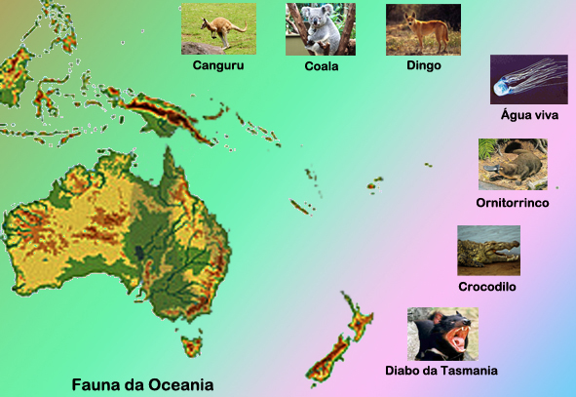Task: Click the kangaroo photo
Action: tap(218, 28)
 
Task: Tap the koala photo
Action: tap(321, 28)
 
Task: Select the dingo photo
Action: tap(423, 28)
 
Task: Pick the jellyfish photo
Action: tap(528, 79)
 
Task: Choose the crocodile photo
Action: tap(488, 251)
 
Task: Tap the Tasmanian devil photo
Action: tap(442, 334)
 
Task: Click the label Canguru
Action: tap(217, 65)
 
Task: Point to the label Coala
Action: tap(321, 66)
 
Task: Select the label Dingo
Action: tap(424, 65)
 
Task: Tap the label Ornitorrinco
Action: tap(513, 202)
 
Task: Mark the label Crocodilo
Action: tap(487, 287)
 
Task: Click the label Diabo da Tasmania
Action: tap(442, 371)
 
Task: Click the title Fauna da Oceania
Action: tap(142, 383)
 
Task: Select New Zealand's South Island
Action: tap(326, 362)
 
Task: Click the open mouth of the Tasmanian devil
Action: tap(455, 340)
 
